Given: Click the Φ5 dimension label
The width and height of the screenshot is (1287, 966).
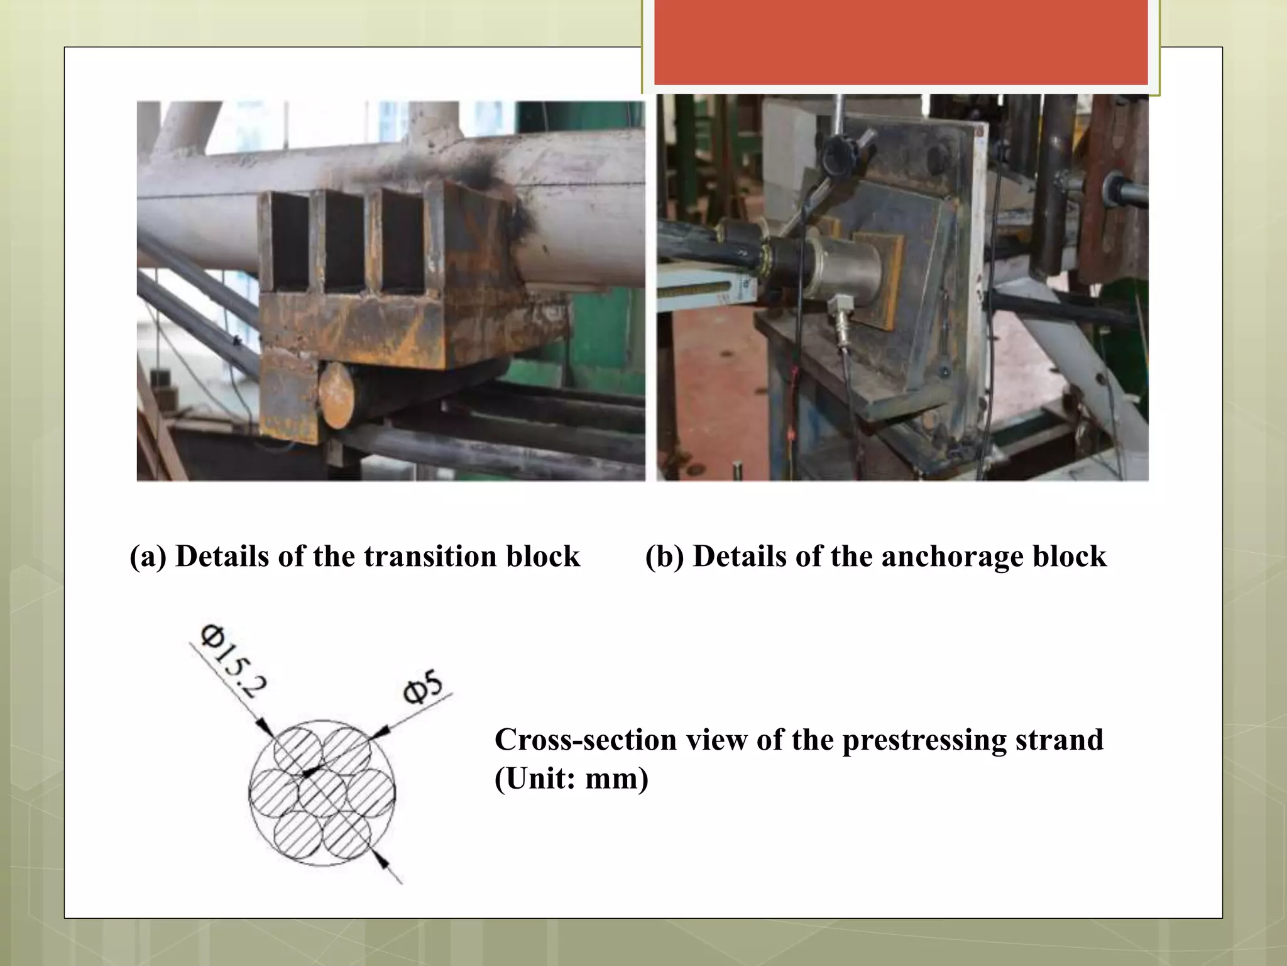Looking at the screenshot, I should click(423, 687).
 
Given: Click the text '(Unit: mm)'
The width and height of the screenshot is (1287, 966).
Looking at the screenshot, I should click(571, 779).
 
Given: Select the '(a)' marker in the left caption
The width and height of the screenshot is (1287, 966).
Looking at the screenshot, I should click(148, 557).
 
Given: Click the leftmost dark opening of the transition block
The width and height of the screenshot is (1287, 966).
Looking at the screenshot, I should click(289, 242).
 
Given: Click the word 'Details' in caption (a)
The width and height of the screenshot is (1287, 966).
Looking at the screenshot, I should click(222, 557).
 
